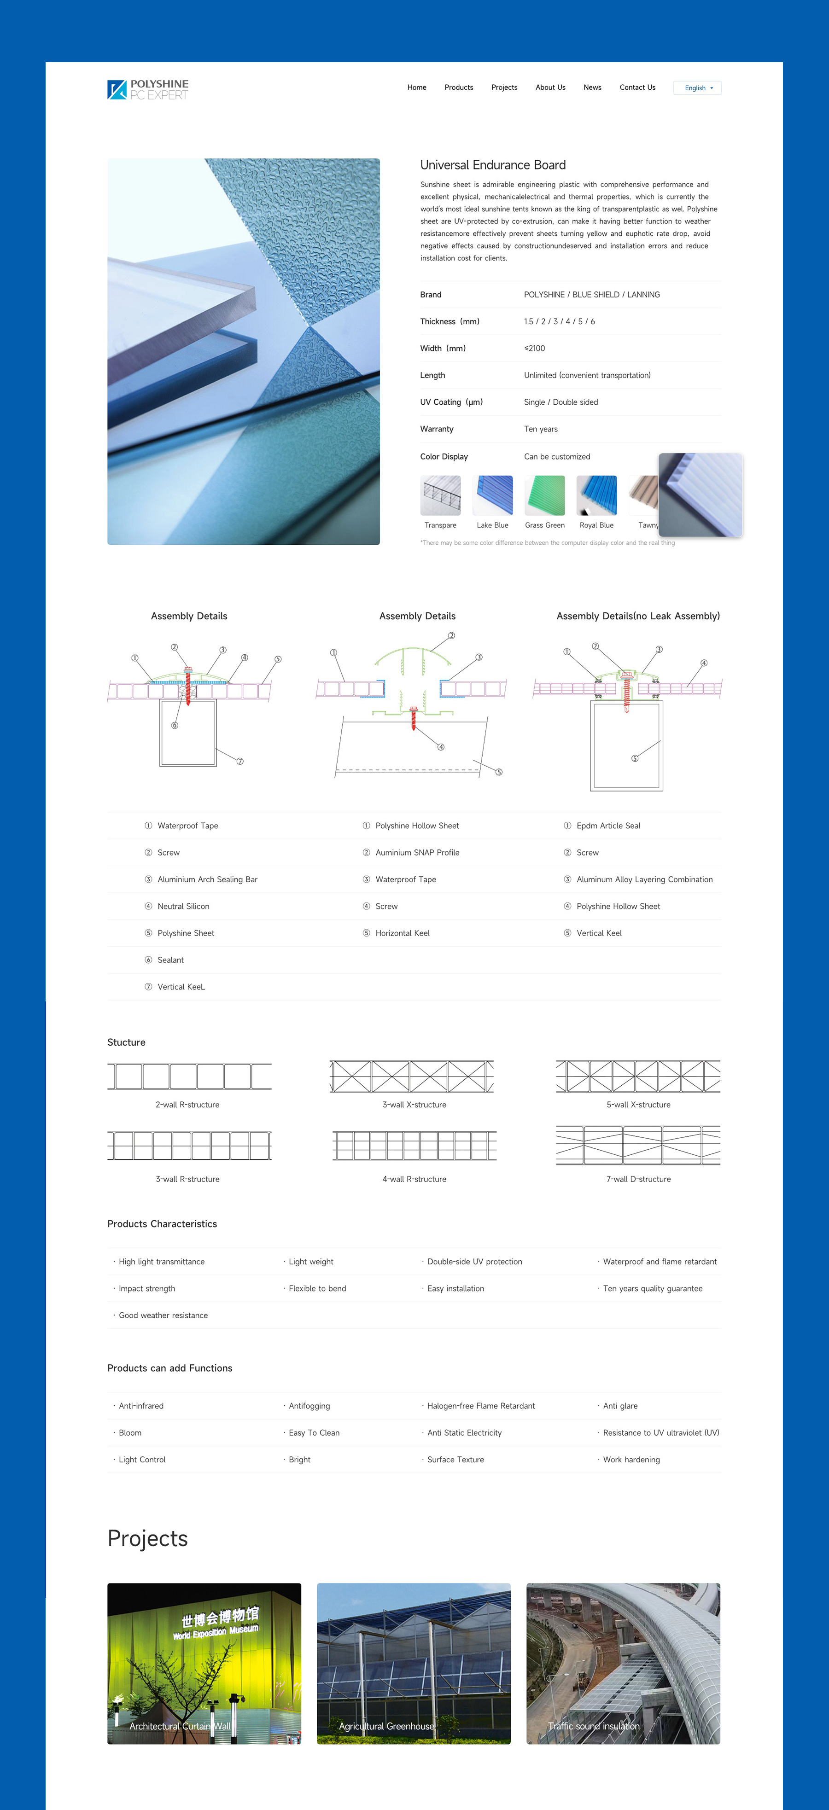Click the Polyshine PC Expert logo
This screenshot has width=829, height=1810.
147,89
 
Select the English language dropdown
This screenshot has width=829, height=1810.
697,88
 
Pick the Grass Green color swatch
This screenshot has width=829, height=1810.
544,496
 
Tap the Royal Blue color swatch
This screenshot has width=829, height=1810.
596,496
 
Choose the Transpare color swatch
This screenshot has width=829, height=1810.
440,496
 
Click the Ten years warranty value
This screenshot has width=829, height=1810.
541,429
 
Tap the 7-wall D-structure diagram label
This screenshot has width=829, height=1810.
638,1179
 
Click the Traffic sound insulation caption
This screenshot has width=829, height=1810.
594,1726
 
